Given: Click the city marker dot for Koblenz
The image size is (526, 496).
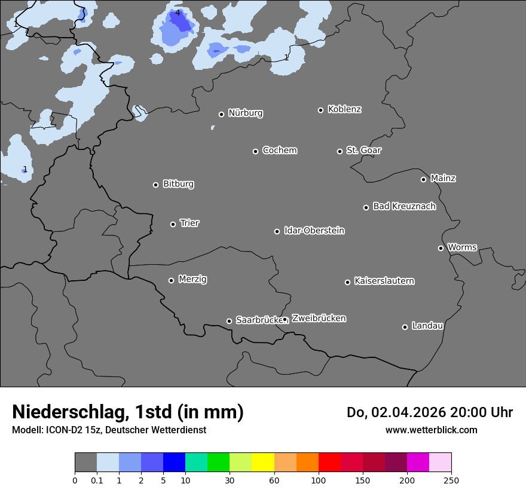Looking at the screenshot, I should coord(321,110).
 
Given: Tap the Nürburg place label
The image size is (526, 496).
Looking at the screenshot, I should coord(245,113).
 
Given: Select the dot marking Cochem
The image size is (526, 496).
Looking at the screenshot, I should coord(256,151).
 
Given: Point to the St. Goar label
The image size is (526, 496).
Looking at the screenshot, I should coord(363,150).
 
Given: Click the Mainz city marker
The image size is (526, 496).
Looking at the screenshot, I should coord(424,179).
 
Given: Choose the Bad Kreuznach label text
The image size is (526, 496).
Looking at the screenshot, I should coord(404,206).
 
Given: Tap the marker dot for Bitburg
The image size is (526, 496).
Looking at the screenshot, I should coord(156,185).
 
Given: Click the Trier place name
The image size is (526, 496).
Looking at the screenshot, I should coord(189,223).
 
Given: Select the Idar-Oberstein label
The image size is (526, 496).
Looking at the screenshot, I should coord(314,230).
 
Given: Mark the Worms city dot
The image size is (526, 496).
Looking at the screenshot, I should coord(441,248).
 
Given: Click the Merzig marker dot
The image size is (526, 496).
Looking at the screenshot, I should coord(172,280).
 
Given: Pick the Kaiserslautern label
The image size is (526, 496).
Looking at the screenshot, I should coord(384,281).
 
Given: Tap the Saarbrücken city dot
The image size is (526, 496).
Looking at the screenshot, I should coord(229,321).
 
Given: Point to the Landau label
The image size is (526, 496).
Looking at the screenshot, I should coord(427,326).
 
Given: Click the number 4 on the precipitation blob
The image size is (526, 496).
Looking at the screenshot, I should coord(178,13).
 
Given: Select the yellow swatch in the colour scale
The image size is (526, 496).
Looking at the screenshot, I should coord(263,463).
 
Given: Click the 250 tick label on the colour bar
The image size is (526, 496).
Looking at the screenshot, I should coord(451,480).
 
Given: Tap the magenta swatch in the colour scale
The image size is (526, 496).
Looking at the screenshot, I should coord(418,463).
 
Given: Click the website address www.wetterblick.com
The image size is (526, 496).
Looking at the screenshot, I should coord(431,430).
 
